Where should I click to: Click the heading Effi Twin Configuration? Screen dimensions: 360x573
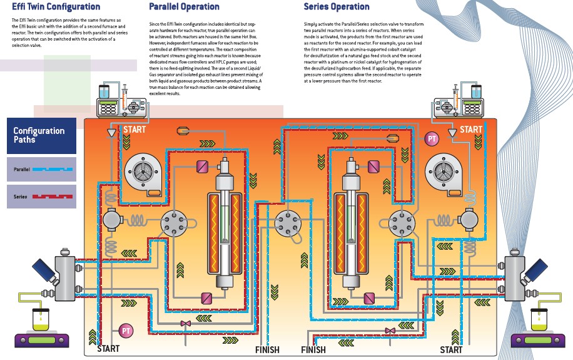pyautogui.click(x=56, y=7)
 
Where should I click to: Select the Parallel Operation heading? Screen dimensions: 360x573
pyautogui.click(x=184, y=7)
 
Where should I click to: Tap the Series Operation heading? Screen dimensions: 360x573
pyautogui.click(x=337, y=7)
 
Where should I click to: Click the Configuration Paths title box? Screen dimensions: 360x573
pyautogui.click(x=41, y=135)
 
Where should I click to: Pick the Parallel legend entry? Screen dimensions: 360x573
pyautogui.click(x=41, y=169)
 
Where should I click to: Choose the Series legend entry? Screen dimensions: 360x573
pyautogui.click(x=41, y=197)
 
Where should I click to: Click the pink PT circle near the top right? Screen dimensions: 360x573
pyautogui.click(x=432, y=138)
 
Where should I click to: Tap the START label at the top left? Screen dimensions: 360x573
pyautogui.click(x=136, y=130)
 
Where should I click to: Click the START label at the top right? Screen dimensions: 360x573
pyautogui.click(x=471, y=130)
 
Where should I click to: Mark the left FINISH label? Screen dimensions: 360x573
pyautogui.click(x=267, y=349)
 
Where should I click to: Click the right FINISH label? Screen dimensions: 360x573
pyautogui.click(x=313, y=349)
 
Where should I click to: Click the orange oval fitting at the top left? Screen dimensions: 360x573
pyautogui.click(x=184, y=130)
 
